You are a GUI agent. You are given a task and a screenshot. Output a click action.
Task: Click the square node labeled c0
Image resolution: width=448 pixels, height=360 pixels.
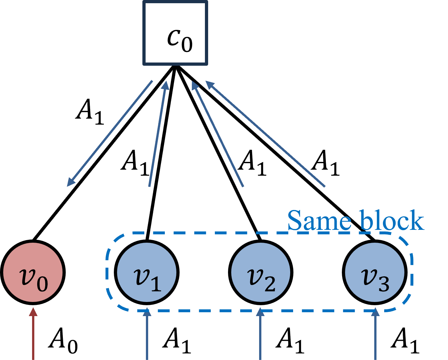[x=175, y=33]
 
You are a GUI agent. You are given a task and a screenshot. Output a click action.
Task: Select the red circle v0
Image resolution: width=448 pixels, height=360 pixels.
[x=33, y=272]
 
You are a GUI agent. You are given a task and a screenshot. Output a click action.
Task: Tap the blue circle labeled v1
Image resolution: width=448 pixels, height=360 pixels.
[x=147, y=272]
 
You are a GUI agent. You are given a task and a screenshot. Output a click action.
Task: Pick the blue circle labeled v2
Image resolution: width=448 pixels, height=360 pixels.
[x=260, y=272]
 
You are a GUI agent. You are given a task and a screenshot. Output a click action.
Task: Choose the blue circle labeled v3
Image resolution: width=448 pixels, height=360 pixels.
[x=375, y=272]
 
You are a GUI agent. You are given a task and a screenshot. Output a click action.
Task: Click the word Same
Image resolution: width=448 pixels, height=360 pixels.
[x=319, y=221]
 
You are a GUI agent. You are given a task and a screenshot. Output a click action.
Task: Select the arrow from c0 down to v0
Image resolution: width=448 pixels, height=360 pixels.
[x=110, y=133]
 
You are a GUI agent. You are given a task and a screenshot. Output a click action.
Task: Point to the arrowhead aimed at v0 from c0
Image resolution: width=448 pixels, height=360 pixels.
[x=71, y=182]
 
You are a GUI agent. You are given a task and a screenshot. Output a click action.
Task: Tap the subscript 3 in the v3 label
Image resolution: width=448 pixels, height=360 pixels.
[x=384, y=284]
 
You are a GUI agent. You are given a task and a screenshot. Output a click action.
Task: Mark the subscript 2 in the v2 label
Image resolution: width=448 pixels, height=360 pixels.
[x=270, y=284]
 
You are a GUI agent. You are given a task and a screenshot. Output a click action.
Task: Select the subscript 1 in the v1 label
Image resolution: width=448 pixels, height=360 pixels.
[x=156, y=284]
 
